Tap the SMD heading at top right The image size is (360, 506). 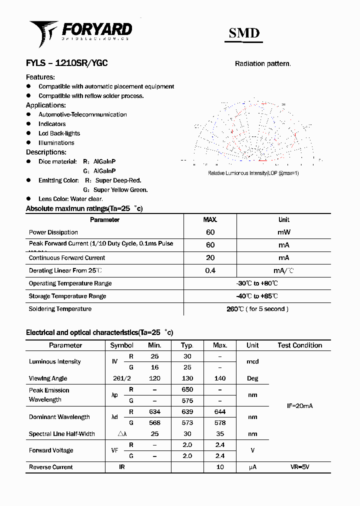244,33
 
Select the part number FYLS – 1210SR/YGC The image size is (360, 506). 66,63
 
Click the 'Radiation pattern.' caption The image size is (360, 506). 262,64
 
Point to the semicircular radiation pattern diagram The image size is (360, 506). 254,132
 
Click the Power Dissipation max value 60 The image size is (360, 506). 210,232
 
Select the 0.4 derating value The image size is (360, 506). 210,270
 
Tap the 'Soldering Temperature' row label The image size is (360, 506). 60,309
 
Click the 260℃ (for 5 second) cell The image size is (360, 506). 257,309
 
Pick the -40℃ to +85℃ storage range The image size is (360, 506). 257,296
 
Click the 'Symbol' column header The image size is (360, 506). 121,345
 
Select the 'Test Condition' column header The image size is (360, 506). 299,345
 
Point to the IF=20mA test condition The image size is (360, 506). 299,406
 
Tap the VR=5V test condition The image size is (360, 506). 299,467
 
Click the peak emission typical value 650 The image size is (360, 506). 187,389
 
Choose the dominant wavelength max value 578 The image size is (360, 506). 219,422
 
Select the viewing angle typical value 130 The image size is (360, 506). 187,378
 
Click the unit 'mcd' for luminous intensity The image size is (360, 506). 252,361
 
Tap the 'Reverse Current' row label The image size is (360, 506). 51,467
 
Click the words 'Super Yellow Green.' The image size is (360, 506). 120,190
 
